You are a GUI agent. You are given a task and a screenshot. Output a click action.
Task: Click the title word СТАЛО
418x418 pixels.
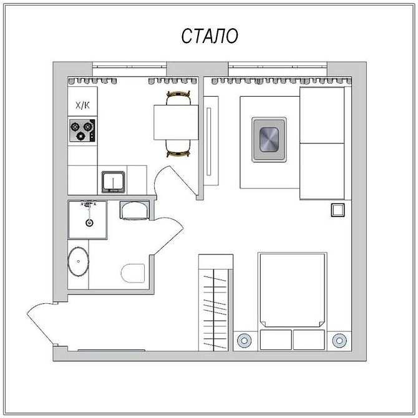pyautogui.click(x=210, y=36)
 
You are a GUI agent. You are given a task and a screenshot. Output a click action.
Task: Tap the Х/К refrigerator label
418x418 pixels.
pyautogui.click(x=82, y=105)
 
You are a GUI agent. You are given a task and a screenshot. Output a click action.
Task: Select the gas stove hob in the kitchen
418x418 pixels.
pyautogui.click(x=82, y=130)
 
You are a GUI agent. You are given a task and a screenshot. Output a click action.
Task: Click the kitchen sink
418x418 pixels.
pyautogui.click(x=114, y=182)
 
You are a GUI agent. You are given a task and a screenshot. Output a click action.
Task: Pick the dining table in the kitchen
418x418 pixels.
pyautogui.click(x=176, y=122)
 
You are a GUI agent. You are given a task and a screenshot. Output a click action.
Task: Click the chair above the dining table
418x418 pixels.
pyautogui.click(x=178, y=98)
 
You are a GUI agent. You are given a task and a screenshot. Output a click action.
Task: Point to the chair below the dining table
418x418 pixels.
pyautogui.click(x=178, y=148)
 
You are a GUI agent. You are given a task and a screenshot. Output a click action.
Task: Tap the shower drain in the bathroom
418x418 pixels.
pyautogui.click(x=89, y=223)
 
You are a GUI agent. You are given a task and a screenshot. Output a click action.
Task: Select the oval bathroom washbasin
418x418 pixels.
pyautogui.click(x=78, y=261)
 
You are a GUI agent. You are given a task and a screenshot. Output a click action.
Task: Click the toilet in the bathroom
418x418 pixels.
pyautogui.click(x=133, y=273)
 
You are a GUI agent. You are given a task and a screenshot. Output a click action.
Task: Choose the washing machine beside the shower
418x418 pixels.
pyautogui.click(x=135, y=210)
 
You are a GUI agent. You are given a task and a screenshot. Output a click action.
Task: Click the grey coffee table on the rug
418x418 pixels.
pyautogui.click(x=269, y=139)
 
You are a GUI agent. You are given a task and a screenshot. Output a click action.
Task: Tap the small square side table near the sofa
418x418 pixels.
pyautogui.click(x=338, y=210)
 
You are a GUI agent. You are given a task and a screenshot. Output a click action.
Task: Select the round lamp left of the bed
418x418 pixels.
pyautogui.click(x=244, y=341)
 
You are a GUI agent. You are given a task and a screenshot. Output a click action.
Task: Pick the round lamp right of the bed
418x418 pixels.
pyautogui.click(x=339, y=341)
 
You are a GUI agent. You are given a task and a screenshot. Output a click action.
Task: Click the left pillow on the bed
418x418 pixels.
pyautogui.click(x=276, y=339)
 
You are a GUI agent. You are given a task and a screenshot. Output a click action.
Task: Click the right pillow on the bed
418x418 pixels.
pyautogui.click(x=309, y=339)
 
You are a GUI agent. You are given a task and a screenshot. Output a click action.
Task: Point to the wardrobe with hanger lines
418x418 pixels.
pyautogui.click(x=215, y=303)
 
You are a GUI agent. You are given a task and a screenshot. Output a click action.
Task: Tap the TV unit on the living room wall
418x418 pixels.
pyautogui.click(x=211, y=141)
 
